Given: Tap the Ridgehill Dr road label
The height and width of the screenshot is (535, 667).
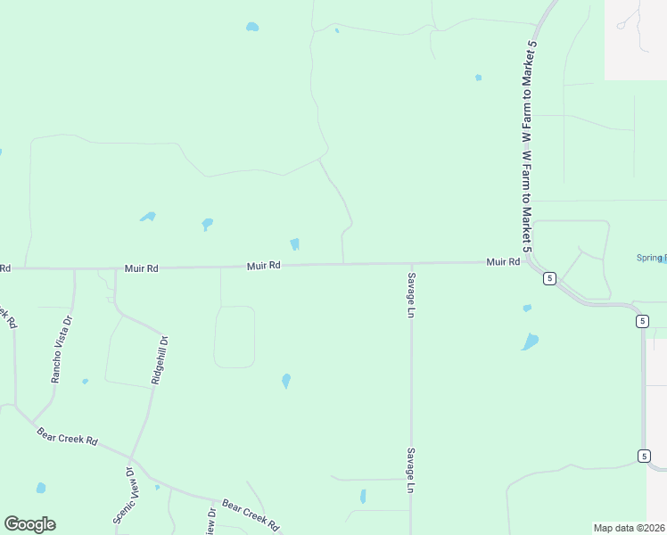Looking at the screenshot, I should click(x=159, y=359).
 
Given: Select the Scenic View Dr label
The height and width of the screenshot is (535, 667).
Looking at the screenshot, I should click(x=123, y=495).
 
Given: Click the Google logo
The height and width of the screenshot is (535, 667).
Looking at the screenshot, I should click(x=29, y=524).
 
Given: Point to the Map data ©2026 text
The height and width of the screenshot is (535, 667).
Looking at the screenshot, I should click(x=630, y=528).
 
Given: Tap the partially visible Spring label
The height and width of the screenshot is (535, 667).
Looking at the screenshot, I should click(x=652, y=258).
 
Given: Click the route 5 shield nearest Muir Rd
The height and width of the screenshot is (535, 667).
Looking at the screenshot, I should click(x=550, y=278).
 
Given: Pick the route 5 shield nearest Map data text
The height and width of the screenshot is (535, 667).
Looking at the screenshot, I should click(x=644, y=456).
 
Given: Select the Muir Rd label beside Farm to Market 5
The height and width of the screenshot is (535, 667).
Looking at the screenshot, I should click(x=503, y=262).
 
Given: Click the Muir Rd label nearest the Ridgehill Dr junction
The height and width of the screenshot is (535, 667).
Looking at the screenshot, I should click(x=141, y=267).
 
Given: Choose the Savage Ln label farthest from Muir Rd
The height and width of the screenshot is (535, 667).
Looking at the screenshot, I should click(x=411, y=470).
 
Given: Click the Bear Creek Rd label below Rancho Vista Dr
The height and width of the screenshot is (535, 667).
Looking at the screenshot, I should click(x=67, y=438).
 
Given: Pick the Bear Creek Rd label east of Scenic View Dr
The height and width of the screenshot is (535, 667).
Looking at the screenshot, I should click(x=251, y=514).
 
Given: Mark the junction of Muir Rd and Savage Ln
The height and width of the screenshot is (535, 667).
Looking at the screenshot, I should click(x=410, y=263).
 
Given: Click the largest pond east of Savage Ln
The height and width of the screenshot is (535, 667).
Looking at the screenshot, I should click(x=531, y=342).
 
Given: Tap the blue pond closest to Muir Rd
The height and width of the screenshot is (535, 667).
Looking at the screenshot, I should click(x=294, y=243).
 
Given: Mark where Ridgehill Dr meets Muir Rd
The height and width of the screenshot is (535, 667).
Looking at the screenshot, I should click(x=115, y=267).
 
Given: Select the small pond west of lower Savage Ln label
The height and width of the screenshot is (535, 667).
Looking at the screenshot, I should click(x=363, y=497).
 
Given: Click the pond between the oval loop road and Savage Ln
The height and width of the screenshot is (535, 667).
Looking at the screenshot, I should click(x=286, y=381).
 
